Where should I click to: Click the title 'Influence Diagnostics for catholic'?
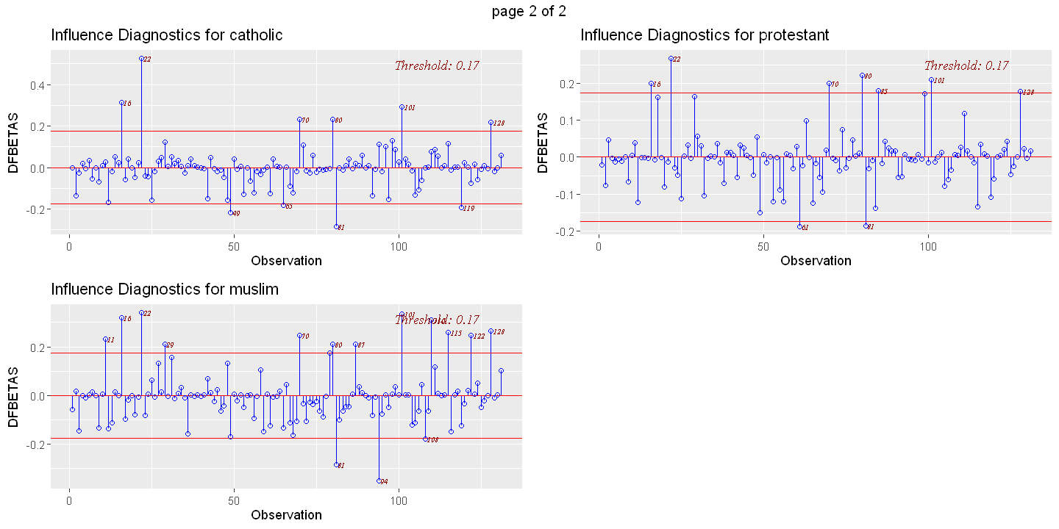click(x=166, y=35)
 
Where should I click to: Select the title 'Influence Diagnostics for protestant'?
click(x=705, y=35)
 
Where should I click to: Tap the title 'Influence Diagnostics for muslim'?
click(x=165, y=289)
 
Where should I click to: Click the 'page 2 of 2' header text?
click(x=529, y=10)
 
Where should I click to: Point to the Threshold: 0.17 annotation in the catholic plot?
click(x=437, y=65)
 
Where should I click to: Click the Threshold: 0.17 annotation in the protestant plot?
click(x=966, y=65)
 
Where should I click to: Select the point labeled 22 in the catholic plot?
click(x=141, y=58)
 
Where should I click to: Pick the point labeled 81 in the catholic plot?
click(x=336, y=226)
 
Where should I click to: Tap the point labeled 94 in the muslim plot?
click(x=379, y=481)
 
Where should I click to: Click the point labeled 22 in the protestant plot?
click(x=671, y=58)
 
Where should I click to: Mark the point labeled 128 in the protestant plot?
click(x=1020, y=92)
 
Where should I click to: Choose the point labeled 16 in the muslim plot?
click(x=121, y=318)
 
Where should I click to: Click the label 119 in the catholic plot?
click(x=468, y=209)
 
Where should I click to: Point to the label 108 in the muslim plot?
click(x=432, y=440)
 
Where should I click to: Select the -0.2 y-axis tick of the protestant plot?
click(x=564, y=231)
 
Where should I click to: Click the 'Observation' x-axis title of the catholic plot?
click(x=286, y=261)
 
